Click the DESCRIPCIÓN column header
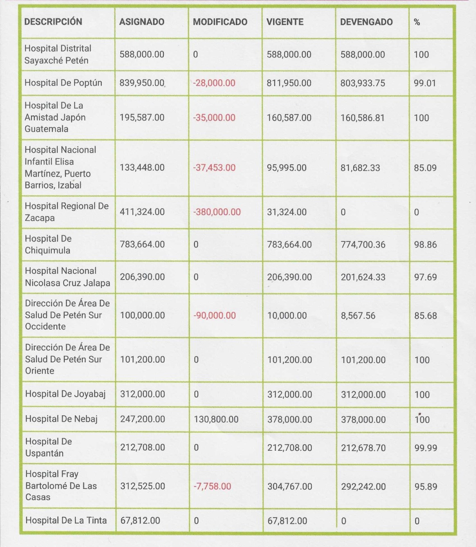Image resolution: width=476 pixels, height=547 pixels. (53, 22)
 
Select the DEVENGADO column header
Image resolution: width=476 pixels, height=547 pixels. (366, 22)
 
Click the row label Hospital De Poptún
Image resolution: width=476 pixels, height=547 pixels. (63, 83)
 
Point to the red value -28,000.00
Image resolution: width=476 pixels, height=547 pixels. (214, 83)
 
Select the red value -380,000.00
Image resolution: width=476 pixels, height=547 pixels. (217, 212)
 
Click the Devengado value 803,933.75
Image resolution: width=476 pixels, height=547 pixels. (363, 83)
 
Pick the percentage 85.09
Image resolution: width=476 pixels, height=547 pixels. (425, 168)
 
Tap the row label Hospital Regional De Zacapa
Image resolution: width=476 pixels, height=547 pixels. (66, 212)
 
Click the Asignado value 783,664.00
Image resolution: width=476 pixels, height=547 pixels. (142, 244)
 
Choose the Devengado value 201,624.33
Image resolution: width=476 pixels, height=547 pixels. (363, 277)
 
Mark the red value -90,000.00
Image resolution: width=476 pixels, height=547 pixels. (214, 316)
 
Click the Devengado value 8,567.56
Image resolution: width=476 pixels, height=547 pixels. (358, 316)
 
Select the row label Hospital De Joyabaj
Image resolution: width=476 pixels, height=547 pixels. (65, 394)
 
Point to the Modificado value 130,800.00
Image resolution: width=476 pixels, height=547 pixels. (216, 419)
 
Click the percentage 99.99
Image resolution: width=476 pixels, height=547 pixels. (426, 448)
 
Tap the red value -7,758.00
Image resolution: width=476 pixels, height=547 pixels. (212, 486)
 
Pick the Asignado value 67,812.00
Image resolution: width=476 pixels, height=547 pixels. (140, 520)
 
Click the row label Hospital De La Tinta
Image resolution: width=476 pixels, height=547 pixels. (66, 520)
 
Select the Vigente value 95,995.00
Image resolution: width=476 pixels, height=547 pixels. (287, 168)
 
